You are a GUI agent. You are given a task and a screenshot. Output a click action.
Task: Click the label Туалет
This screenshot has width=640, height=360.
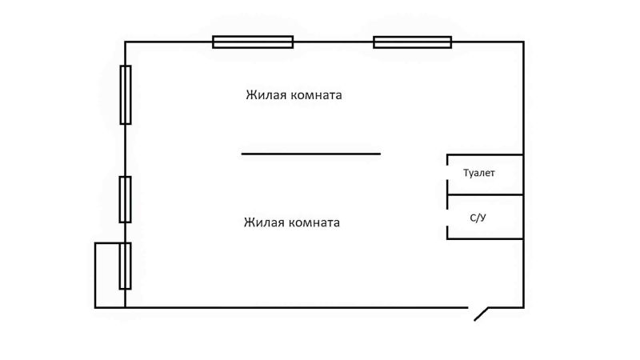pyautogui.click(x=479, y=173)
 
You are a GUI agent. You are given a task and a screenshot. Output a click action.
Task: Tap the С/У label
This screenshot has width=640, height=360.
pyautogui.click(x=478, y=218)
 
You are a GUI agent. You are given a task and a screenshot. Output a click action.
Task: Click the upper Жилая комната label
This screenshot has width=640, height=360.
pyautogui.click(x=294, y=95)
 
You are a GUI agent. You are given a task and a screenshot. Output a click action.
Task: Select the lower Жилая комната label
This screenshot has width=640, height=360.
pyautogui.click(x=291, y=222)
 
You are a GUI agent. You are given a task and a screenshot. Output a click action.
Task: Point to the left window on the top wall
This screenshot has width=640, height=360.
pyautogui.click(x=253, y=42)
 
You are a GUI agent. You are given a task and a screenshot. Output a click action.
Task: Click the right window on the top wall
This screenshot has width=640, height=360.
pyautogui.click(x=412, y=42)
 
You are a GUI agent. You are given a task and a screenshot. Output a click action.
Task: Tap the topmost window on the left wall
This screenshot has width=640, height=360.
pyautogui.click(x=126, y=94)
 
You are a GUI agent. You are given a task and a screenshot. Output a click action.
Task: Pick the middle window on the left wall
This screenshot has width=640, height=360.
pyautogui.click(x=125, y=199)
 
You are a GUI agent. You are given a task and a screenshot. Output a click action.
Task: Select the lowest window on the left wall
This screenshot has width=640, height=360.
pyautogui.click(x=125, y=266)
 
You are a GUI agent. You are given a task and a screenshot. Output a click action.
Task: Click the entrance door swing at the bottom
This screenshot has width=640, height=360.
pyautogui.click(x=481, y=314)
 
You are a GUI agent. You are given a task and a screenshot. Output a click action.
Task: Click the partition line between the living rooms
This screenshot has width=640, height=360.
pyautogui.click(x=310, y=154)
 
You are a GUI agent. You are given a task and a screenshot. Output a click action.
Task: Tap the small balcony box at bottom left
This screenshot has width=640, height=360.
pyautogui.click(x=109, y=274)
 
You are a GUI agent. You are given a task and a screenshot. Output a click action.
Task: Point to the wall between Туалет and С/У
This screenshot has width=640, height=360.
pyautogui.click(x=485, y=194)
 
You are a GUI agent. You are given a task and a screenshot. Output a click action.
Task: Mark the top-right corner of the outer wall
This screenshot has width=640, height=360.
pyautogui.click(x=523, y=42)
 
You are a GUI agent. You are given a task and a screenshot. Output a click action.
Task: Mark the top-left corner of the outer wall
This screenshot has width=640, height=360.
pyautogui.click(x=126, y=42)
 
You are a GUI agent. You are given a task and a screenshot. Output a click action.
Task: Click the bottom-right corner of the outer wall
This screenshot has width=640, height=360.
pyautogui.click(x=523, y=307)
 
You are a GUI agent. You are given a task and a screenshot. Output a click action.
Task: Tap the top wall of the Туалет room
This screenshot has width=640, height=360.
pyautogui.click(x=485, y=154)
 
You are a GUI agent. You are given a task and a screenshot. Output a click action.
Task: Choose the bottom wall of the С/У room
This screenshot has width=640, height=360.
pyautogui.click(x=485, y=238)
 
